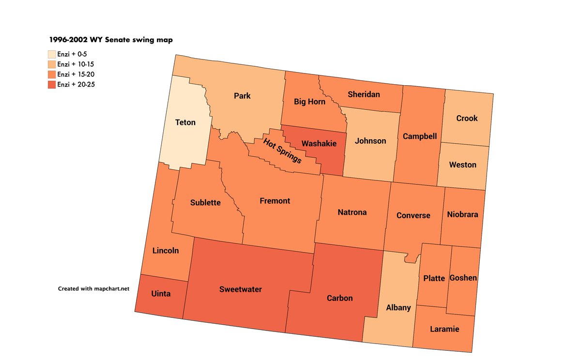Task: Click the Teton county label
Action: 185,122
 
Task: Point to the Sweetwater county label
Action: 240,289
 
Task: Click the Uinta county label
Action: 161,294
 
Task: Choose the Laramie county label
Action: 444,330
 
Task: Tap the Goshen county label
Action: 463,278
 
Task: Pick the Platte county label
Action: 434,278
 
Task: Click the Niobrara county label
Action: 463,214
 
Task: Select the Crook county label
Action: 467,118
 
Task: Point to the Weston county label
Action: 462,165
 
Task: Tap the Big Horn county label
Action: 309,102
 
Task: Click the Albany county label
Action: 398,308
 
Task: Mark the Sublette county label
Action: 205,203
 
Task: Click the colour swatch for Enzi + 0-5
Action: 52,54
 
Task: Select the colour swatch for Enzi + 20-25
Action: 52,85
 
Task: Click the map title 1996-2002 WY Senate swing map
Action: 110,40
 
